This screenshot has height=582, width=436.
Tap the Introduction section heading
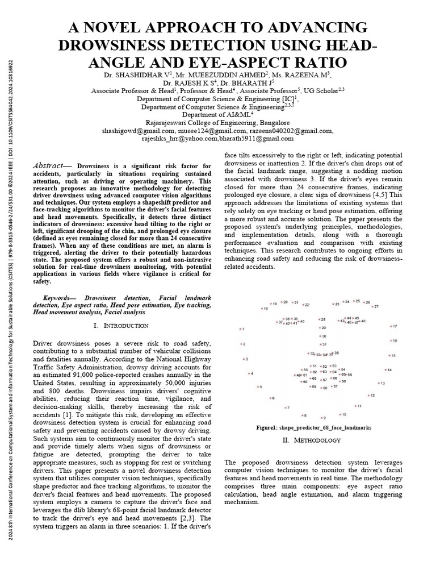(x=121, y=326)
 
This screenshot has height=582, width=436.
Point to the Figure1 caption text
(x=313, y=427)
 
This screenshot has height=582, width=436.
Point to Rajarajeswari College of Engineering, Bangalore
(x=218, y=122)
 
